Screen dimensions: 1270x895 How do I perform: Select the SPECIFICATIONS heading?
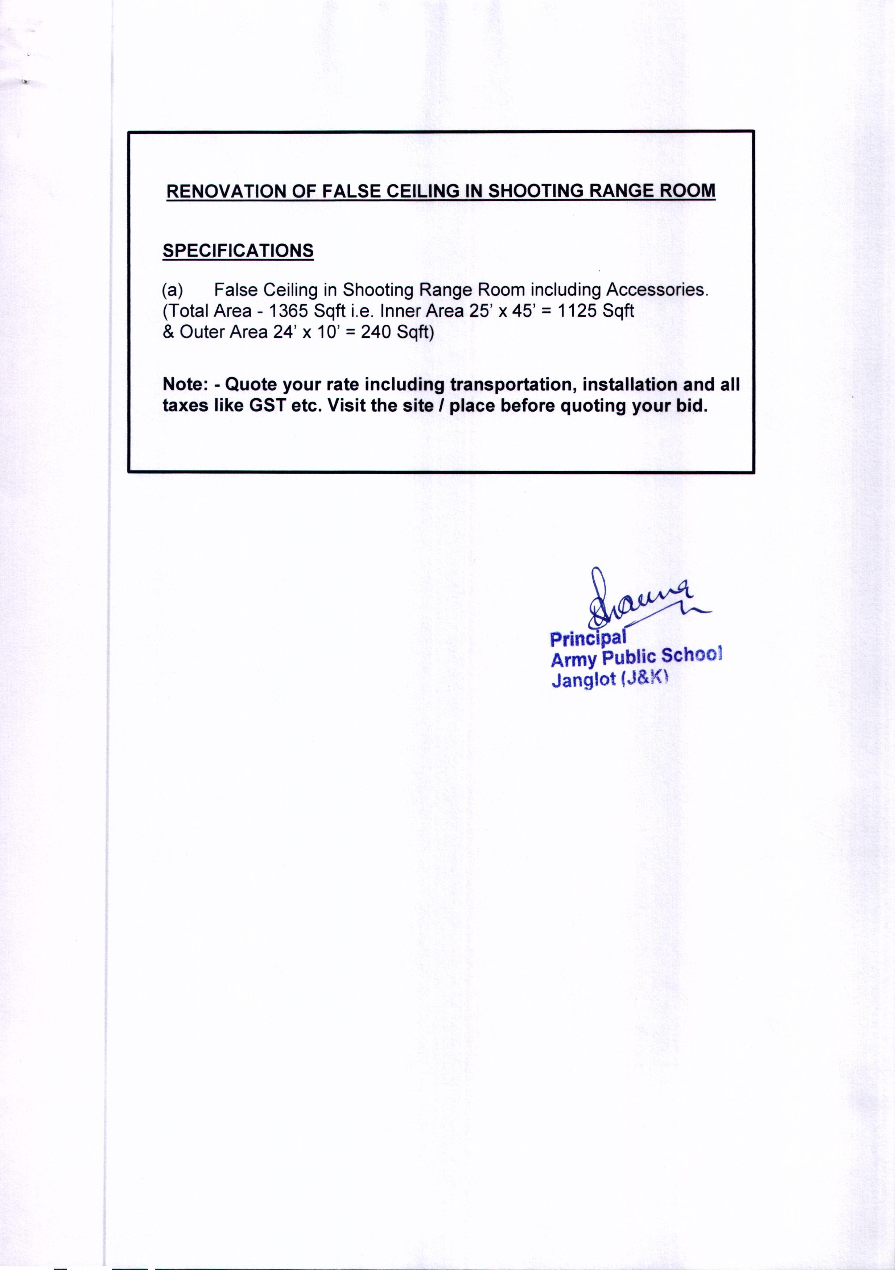(x=238, y=251)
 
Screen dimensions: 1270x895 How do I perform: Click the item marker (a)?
(x=172, y=290)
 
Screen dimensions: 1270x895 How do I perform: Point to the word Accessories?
(x=657, y=290)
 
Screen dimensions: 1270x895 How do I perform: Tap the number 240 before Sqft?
(x=375, y=332)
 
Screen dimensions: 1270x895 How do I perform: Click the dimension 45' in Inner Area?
(x=521, y=311)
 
